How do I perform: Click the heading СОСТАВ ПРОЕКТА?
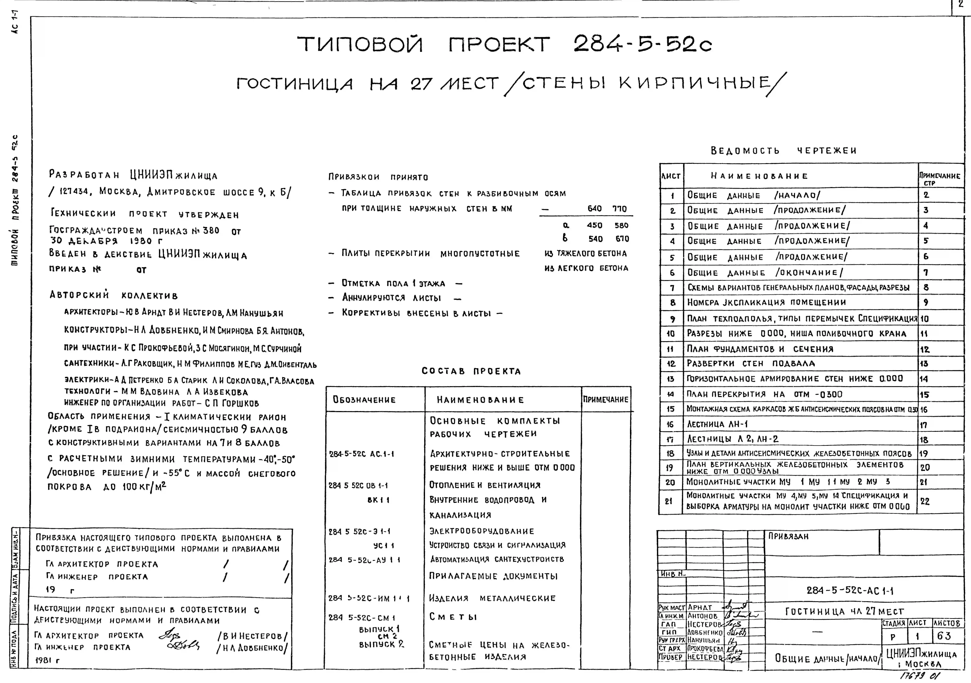471,371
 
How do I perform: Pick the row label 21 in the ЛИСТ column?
669,501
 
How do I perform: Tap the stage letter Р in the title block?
893,637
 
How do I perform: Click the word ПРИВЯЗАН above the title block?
788,536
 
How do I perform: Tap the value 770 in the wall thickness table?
620,208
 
